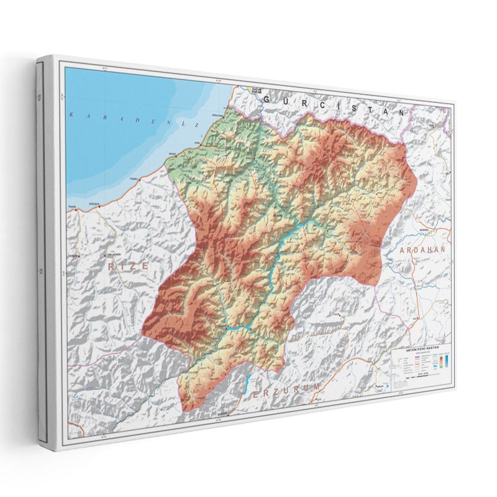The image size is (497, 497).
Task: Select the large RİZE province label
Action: point(128,265)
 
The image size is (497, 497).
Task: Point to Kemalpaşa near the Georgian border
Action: point(217,116)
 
